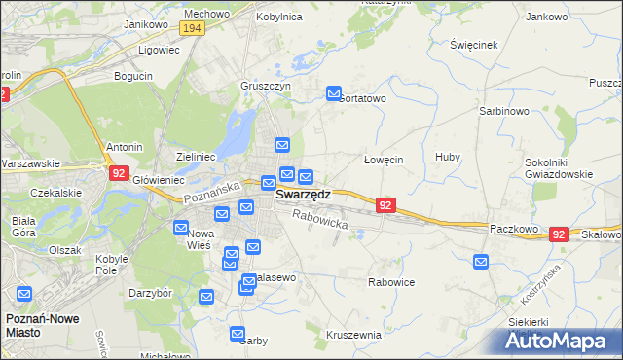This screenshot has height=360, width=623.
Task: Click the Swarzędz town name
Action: [x=303, y=194]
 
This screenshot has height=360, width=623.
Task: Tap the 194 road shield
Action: [x=192, y=29]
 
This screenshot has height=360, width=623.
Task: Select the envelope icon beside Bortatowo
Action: [x=333, y=94]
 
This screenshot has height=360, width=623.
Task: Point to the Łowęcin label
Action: [x=383, y=160]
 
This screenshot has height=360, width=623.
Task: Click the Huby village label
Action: [x=448, y=157]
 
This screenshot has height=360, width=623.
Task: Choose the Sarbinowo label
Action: [x=503, y=111]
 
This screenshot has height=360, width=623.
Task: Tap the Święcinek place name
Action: [x=474, y=45]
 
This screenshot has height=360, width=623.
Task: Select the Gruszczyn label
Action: [x=266, y=85]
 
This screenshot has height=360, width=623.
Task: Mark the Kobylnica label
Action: [x=280, y=17]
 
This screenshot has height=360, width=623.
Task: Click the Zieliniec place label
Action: [x=196, y=156]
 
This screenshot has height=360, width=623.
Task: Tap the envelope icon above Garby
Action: [x=239, y=334]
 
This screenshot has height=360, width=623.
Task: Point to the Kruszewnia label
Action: [x=353, y=334]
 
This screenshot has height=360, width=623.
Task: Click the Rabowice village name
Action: [x=391, y=282]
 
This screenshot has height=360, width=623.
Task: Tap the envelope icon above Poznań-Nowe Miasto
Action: [x=24, y=293]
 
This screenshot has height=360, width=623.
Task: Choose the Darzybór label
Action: [x=150, y=292]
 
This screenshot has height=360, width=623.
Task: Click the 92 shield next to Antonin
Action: [x=119, y=173]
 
